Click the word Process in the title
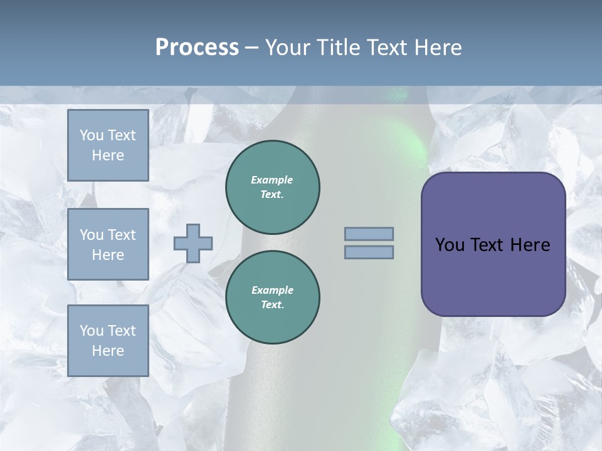point(197,48)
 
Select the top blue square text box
point(108,145)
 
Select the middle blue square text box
point(108,244)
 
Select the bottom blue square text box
point(108,341)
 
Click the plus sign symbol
point(193,244)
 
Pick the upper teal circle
point(273,187)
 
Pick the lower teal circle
point(273,298)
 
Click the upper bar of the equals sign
point(369,234)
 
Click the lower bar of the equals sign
point(369,252)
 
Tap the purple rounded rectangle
point(493,276)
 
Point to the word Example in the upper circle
point(272,180)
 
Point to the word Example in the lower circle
point(272,290)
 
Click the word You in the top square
point(91,135)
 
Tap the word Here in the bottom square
point(108,351)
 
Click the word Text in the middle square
point(120,235)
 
